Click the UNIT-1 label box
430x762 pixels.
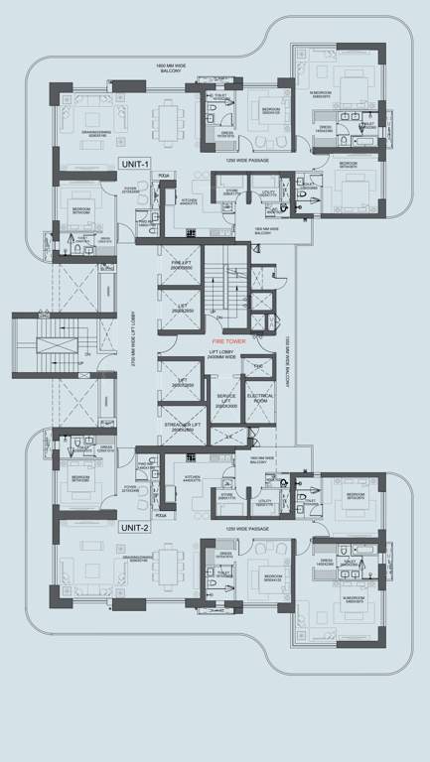(134, 163)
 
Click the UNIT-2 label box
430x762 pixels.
(134, 527)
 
